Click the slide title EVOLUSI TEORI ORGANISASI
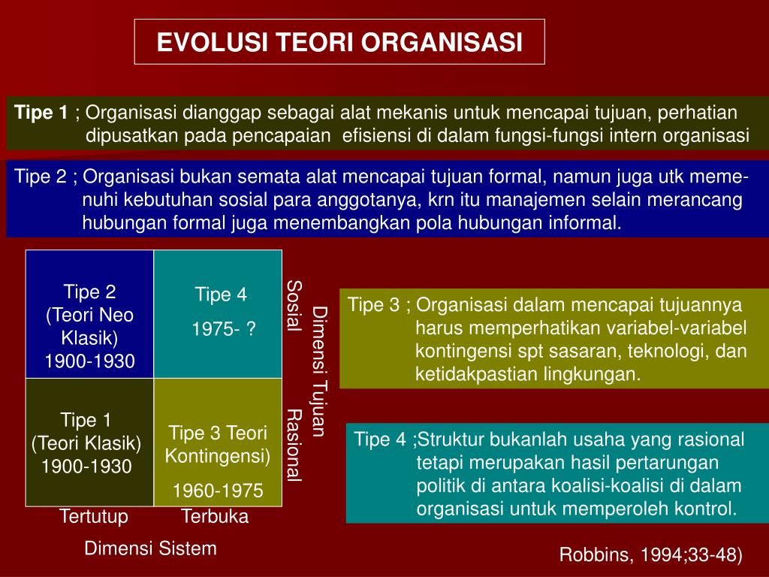coord(339,42)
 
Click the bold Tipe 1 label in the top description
coord(41,113)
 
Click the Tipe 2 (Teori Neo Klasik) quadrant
coord(90,314)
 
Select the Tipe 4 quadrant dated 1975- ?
coord(218,314)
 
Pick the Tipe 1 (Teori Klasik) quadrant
coord(90,442)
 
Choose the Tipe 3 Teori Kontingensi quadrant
coord(218,442)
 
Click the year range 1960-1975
coord(219,490)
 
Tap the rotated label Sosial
coord(294,306)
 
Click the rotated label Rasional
coord(294,446)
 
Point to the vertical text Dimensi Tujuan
coord(319,371)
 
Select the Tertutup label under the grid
coord(94,516)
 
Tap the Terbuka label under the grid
coord(215,516)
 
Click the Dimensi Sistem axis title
coord(150,548)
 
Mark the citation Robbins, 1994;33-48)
coord(651,554)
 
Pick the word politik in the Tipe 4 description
coord(439,485)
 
